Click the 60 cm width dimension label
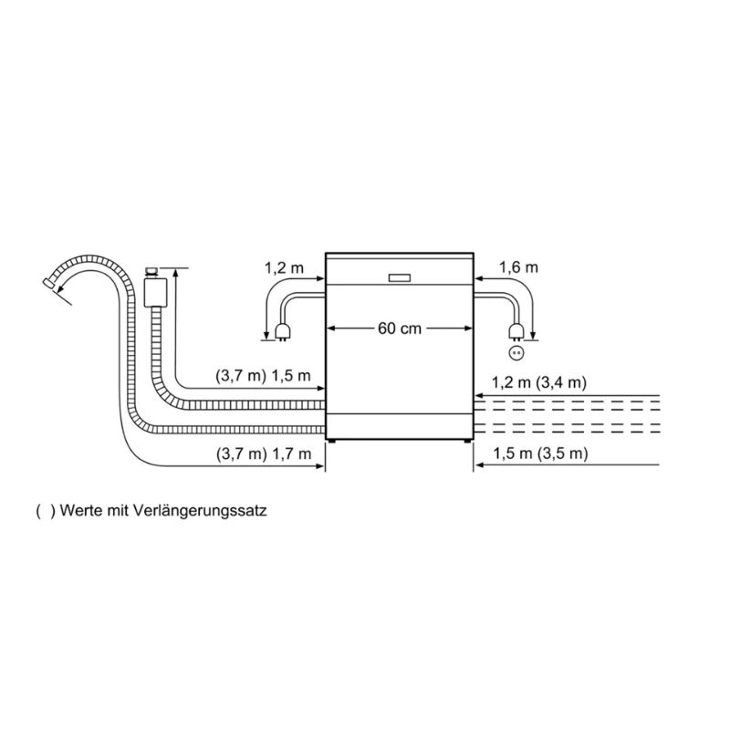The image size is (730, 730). pyautogui.click(x=400, y=328)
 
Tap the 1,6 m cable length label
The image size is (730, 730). pyautogui.click(x=518, y=267)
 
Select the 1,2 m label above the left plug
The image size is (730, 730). pyautogui.click(x=284, y=267)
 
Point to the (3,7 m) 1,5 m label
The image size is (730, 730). pyautogui.click(x=263, y=376)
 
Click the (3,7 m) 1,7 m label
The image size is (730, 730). pyautogui.click(x=264, y=454)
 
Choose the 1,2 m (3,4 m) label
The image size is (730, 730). pyautogui.click(x=539, y=382)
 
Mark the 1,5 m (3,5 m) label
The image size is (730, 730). pyautogui.click(x=540, y=453)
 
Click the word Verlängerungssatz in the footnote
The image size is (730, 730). pyautogui.click(x=200, y=511)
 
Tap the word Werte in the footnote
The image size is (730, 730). pyautogui.click(x=81, y=511)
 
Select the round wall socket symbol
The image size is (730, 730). pyautogui.click(x=516, y=353)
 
